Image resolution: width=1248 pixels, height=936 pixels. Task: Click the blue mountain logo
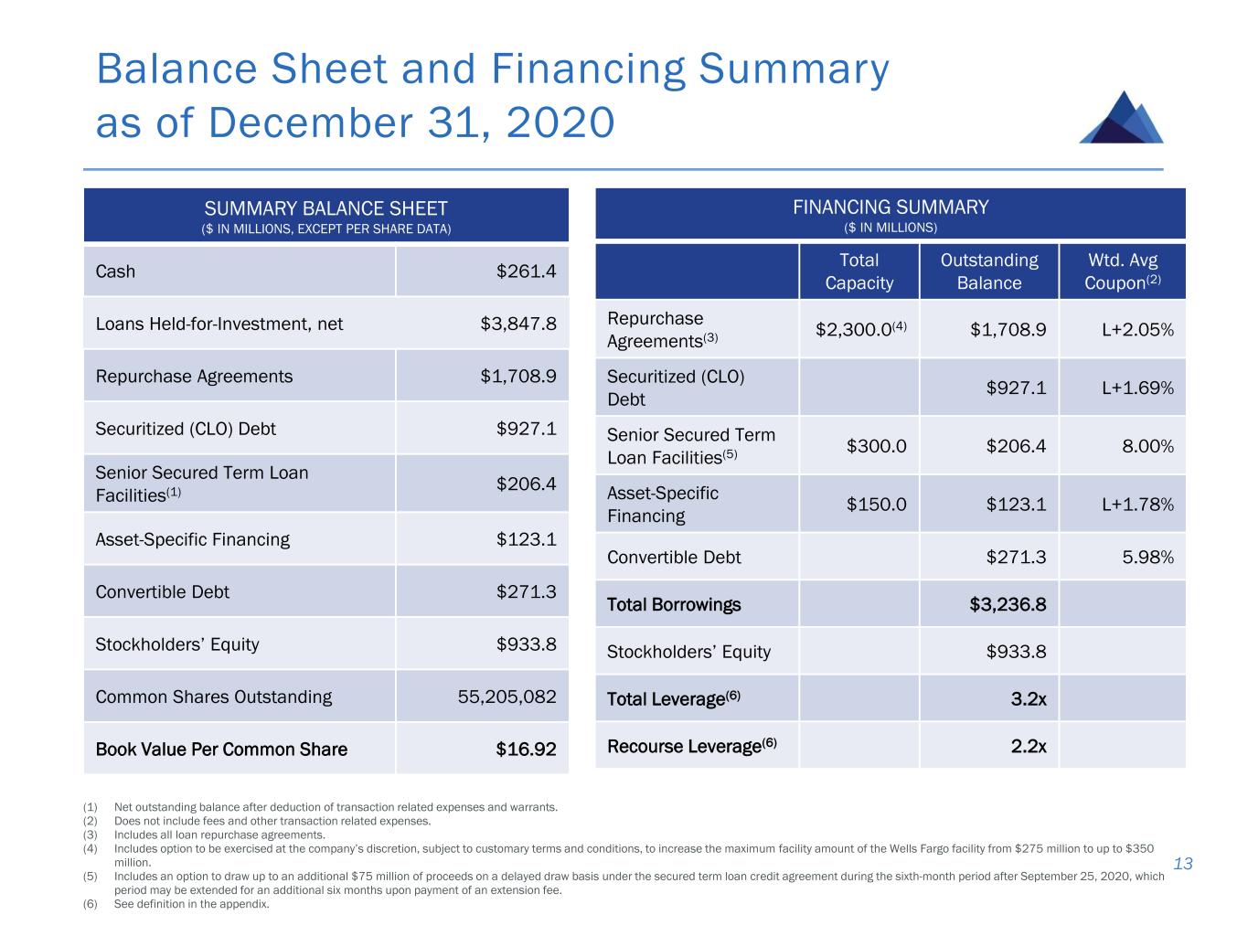tap(1122, 118)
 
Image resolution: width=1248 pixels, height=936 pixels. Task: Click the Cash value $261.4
tap(526, 271)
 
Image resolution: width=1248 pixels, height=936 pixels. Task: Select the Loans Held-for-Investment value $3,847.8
tap(518, 324)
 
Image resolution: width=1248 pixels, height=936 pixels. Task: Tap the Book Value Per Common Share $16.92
tap(526, 750)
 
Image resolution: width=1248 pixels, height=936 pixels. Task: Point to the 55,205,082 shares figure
tap(507, 697)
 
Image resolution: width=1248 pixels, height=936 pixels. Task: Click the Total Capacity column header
tap(859, 271)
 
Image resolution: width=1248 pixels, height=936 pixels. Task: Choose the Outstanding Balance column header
tap(989, 271)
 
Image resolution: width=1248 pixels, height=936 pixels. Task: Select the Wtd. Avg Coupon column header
tap(1122, 271)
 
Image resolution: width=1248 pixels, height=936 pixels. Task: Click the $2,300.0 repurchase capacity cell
tap(860, 329)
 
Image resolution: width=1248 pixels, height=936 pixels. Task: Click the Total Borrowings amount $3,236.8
tap(1008, 604)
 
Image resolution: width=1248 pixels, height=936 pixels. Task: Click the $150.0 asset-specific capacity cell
tap(876, 505)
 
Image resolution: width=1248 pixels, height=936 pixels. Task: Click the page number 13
tap(1183, 864)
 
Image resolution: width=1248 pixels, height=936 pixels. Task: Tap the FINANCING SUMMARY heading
tap(890, 207)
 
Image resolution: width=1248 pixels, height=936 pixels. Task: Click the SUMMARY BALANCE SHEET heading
tap(325, 209)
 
